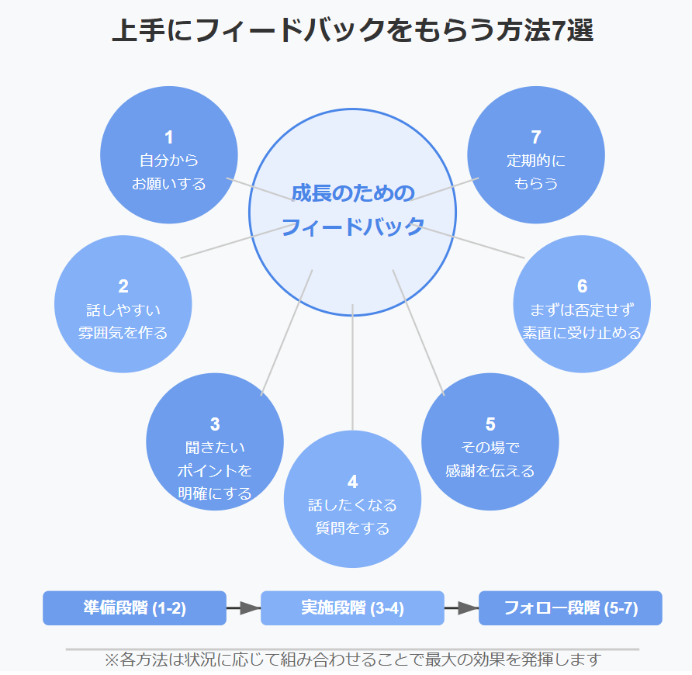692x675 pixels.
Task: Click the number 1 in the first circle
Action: click(169, 138)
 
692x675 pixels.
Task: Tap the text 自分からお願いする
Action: click(169, 172)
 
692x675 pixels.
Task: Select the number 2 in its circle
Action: click(123, 286)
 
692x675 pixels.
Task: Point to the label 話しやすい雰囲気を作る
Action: click(123, 321)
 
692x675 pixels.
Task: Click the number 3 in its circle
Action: click(215, 424)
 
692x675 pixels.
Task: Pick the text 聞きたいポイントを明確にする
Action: click(215, 470)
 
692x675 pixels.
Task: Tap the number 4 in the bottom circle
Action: click(353, 482)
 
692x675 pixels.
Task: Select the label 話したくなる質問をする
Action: click(353, 517)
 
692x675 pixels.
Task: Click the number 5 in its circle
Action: click(490, 424)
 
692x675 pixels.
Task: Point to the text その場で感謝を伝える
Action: click(490, 459)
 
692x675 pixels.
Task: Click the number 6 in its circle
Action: click(582, 286)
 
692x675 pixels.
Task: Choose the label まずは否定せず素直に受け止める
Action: click(582, 321)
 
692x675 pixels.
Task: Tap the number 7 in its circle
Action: click(536, 138)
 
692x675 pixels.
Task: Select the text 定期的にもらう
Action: click(536, 172)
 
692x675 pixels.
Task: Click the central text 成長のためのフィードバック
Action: click(353, 210)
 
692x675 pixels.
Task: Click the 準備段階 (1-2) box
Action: click(134, 608)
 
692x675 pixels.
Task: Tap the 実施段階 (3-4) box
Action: click(352, 608)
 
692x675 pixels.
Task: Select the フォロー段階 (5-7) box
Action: click(570, 608)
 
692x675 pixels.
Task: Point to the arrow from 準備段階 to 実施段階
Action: click(243, 608)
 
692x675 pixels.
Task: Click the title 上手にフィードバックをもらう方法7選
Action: click(353, 31)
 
